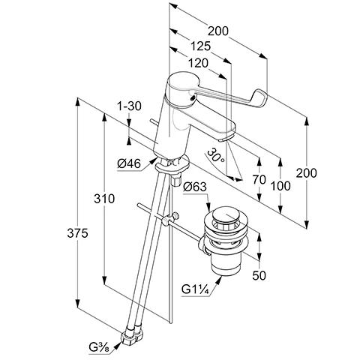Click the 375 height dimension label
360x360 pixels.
77,233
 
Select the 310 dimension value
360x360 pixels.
104,199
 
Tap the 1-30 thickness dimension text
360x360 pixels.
129,106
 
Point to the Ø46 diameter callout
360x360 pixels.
129,163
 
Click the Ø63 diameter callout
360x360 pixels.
195,187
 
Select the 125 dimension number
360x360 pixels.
201,46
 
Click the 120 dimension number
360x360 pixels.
198,63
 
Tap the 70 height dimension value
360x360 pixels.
259,179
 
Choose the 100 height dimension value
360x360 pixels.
280,186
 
